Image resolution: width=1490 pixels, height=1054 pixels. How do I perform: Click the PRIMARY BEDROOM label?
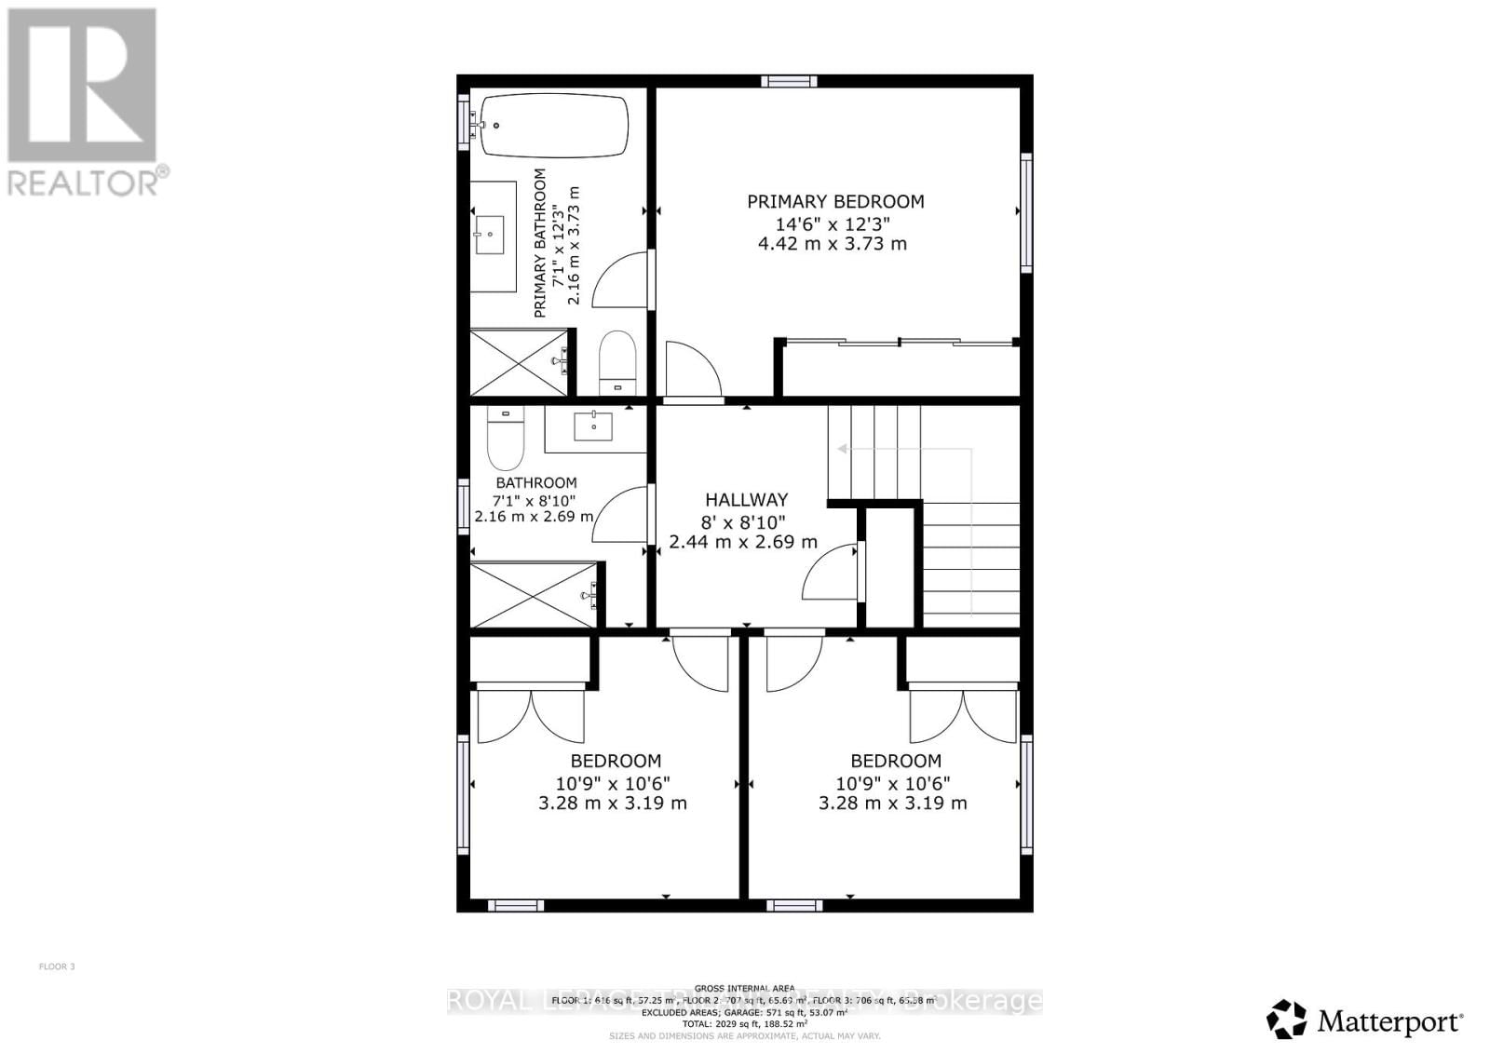[835, 201]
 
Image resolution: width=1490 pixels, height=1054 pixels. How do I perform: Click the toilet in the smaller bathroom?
[506, 440]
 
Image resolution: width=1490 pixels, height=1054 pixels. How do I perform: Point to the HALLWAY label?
[746, 500]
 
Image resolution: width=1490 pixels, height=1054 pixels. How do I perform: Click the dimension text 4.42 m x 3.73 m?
[832, 244]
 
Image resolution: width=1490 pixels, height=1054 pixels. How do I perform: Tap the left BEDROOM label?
[616, 761]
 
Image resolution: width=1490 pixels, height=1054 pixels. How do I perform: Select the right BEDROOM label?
[895, 761]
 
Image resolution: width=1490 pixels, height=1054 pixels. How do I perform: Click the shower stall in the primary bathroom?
[519, 362]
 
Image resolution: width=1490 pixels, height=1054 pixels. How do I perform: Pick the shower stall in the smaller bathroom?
[532, 595]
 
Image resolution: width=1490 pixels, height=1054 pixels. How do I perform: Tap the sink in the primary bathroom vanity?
[490, 235]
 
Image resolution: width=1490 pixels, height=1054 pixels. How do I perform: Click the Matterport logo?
[1364, 1020]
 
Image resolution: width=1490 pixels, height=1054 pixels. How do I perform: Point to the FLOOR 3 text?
[57, 966]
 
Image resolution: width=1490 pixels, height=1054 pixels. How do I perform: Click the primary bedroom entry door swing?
[692, 370]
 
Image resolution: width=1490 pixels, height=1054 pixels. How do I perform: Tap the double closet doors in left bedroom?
[530, 714]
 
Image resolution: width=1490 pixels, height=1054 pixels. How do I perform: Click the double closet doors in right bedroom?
[963, 714]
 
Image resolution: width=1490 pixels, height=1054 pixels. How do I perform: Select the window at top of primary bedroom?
[789, 81]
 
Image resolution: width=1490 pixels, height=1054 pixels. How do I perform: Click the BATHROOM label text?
[535, 482]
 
